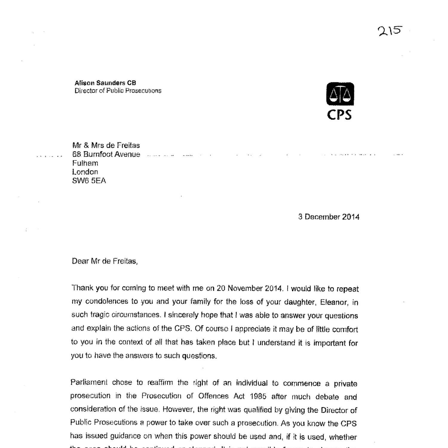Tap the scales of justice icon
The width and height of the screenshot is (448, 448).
click(x=340, y=94)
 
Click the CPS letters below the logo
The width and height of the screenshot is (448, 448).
click(x=339, y=115)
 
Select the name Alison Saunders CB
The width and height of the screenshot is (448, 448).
click(x=105, y=83)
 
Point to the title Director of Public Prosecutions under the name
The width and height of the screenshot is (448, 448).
click(x=118, y=91)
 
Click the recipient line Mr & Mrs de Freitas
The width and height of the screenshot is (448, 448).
click(x=106, y=145)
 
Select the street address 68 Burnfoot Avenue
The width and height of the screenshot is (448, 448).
click(x=106, y=154)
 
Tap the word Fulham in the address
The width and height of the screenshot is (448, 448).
click(x=85, y=163)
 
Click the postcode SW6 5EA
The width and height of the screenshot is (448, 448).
click(x=89, y=181)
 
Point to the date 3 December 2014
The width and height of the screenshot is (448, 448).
click(x=329, y=217)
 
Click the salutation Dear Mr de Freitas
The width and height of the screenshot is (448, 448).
click(x=105, y=261)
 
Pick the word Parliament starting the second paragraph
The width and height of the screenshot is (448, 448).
click(x=89, y=383)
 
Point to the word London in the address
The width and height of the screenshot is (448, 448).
click(x=85, y=172)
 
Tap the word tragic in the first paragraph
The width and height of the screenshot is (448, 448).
click(x=100, y=315)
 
